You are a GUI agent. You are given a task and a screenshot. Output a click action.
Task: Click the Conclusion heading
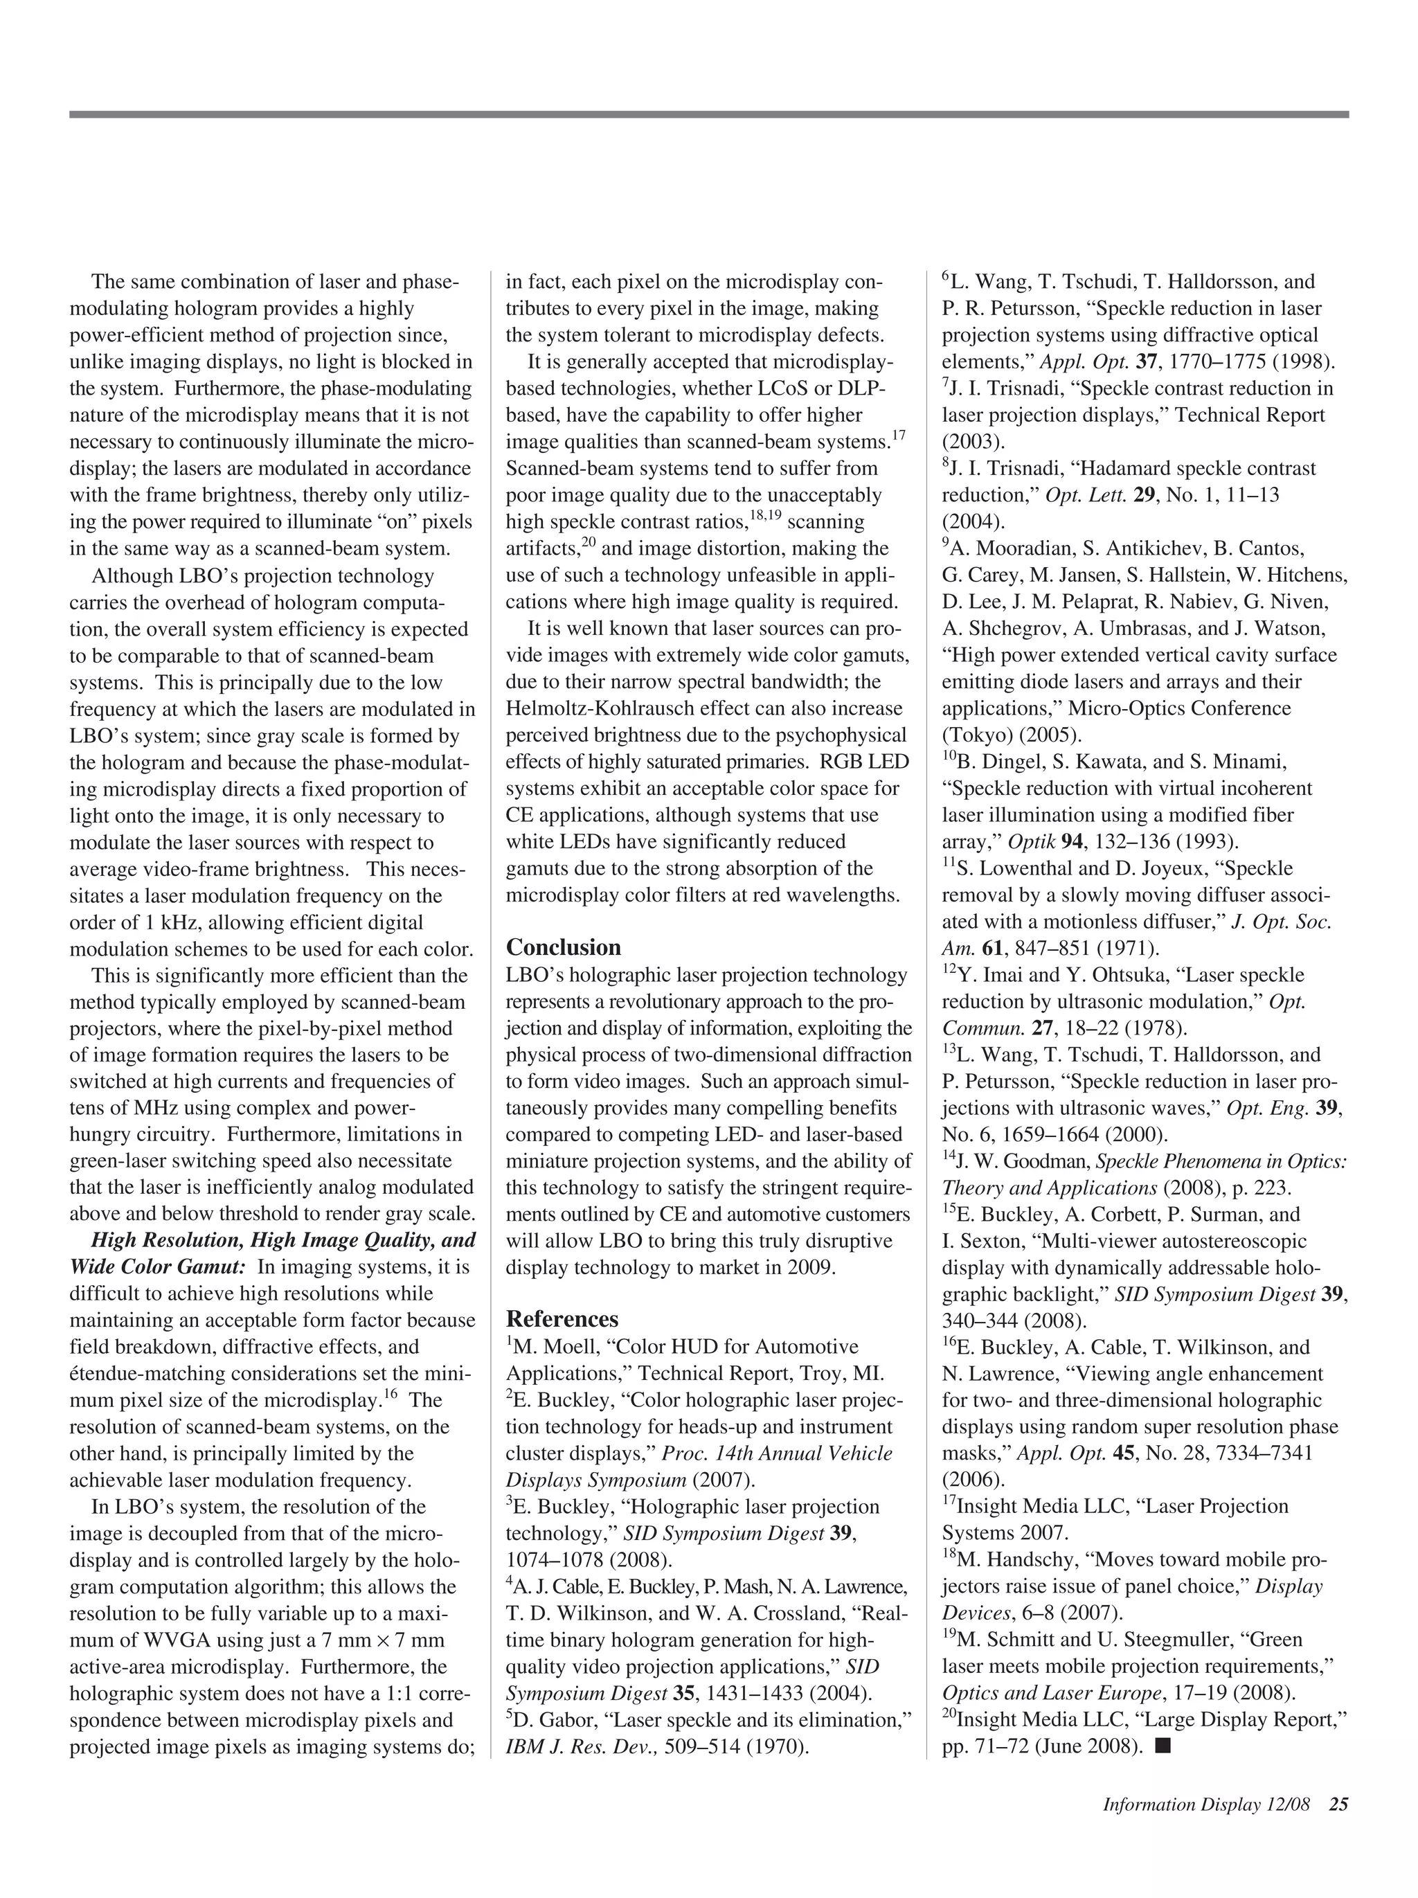point(563,947)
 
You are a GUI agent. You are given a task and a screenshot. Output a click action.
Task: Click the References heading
point(562,1319)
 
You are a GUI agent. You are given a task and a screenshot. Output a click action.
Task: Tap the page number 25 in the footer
point(1338,1805)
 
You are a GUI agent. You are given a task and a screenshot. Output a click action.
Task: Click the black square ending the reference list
point(1163,1744)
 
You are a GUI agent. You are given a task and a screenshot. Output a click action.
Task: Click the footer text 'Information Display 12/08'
point(1206,1805)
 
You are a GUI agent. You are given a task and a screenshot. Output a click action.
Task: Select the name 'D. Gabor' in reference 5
point(549,1720)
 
